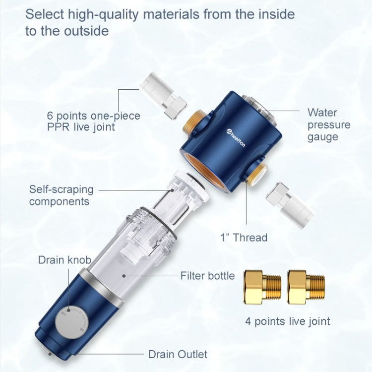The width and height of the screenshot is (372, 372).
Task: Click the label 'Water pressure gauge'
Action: point(328,124)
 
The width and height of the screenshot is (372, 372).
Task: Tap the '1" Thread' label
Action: point(244,237)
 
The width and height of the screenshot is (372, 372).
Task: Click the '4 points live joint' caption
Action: point(288,321)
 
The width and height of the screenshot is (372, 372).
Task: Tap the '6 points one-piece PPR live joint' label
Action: point(93,122)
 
